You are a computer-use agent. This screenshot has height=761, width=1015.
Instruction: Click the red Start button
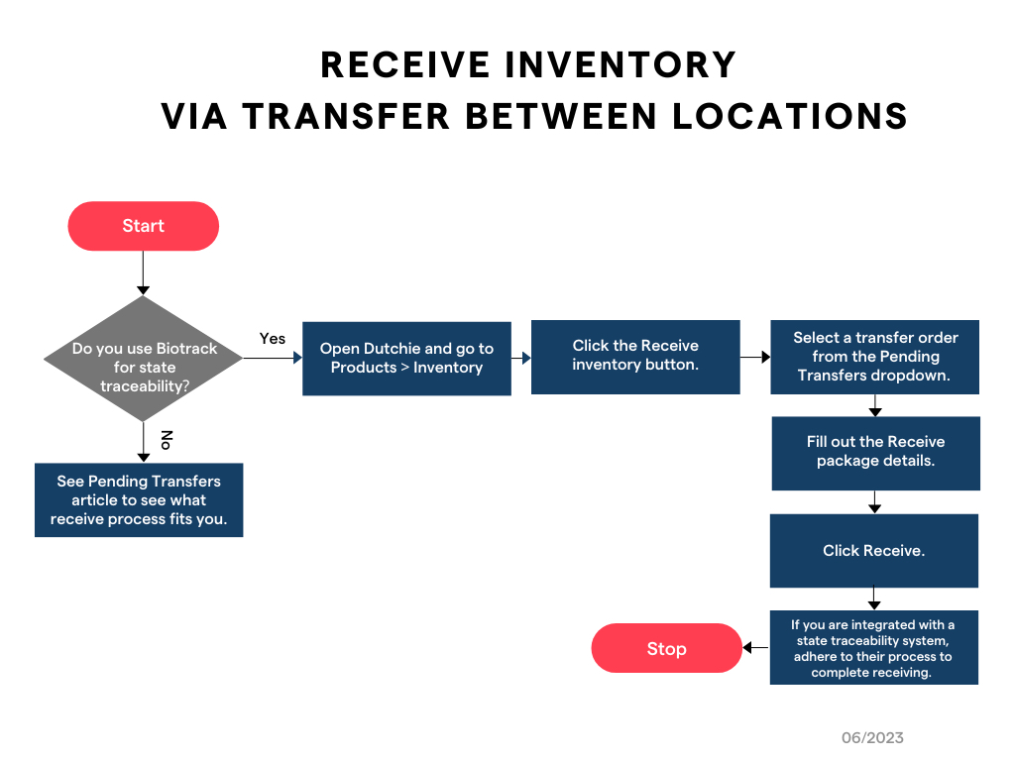pos(143,226)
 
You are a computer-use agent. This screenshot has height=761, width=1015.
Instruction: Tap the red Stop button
pos(666,648)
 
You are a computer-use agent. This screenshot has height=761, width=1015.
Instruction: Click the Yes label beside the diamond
pos(273,339)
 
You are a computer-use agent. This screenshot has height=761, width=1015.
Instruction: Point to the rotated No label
pos(167,439)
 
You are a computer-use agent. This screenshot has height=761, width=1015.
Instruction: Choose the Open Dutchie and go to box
pos(406,359)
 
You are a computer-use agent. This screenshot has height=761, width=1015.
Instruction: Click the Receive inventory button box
pos(635,357)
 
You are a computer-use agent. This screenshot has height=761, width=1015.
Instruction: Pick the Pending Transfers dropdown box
pos(875,357)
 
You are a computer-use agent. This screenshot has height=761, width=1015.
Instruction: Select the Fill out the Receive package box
pos(875,453)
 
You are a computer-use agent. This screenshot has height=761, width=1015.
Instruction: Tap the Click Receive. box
pos(873,551)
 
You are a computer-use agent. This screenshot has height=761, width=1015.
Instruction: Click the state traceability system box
pos(873,649)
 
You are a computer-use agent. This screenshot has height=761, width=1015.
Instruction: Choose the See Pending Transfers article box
pos(139,499)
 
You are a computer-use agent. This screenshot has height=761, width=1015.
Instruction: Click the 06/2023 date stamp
pos(872,737)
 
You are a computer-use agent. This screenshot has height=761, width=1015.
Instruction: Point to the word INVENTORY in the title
pos(620,65)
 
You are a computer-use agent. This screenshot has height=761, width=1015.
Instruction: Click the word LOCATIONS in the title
pos(790,116)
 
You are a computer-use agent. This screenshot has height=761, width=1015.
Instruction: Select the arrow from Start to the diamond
pos(143,272)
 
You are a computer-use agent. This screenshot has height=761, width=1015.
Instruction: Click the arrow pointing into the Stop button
pos(755,648)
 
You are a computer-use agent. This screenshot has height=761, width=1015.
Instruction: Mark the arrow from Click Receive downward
pos(874,598)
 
